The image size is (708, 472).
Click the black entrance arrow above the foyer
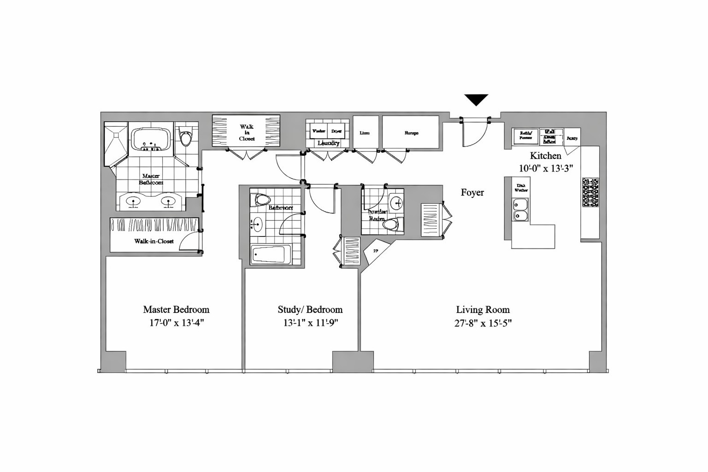coord(476,99)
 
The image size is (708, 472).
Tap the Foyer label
coord(472,193)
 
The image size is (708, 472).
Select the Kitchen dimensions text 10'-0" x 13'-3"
coord(546,169)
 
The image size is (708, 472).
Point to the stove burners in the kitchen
coord(590,192)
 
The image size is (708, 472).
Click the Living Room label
coord(483,310)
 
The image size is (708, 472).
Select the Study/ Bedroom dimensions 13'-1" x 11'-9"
coord(311,323)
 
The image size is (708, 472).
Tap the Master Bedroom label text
coord(176,310)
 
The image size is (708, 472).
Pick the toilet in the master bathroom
coord(186,137)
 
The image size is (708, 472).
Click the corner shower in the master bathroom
coord(115,141)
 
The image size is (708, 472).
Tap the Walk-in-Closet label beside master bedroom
coord(154,241)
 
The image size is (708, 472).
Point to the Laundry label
coord(328,143)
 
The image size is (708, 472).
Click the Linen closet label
coord(365,133)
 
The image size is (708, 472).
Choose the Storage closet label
coord(411,133)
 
